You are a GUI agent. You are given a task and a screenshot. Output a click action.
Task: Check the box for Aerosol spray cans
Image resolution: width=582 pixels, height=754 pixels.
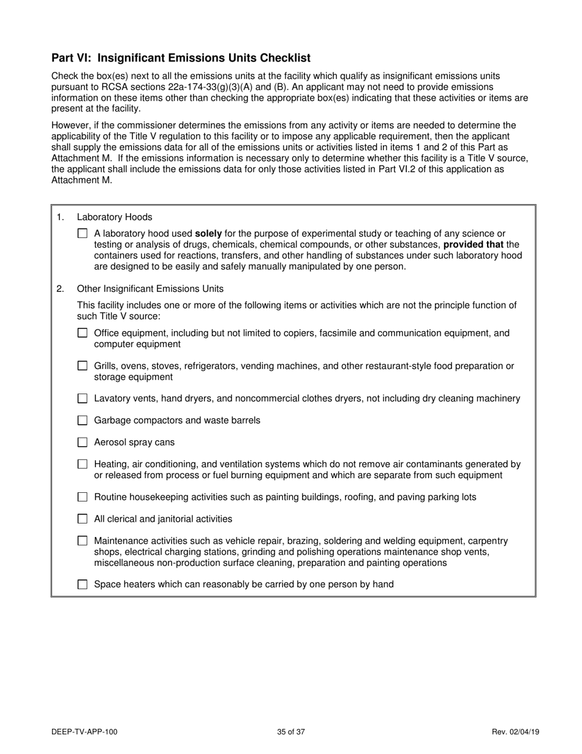tap(83, 443)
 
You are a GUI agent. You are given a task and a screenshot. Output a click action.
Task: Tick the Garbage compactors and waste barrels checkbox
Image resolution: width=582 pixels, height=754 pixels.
tap(83, 421)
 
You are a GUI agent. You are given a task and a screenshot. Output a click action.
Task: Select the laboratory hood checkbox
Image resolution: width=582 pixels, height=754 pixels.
tap(83, 234)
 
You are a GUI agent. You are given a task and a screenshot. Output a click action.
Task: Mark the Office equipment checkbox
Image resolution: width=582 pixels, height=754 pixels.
tap(83, 333)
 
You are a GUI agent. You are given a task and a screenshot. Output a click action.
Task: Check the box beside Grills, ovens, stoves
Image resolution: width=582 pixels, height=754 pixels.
tap(83, 366)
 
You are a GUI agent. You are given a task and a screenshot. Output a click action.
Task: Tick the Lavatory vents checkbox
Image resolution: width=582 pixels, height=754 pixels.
tap(83, 398)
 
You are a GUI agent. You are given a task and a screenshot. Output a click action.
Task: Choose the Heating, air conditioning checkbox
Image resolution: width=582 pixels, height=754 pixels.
tap(83, 465)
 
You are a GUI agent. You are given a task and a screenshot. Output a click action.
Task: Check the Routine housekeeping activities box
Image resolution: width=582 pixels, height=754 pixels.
tap(83, 497)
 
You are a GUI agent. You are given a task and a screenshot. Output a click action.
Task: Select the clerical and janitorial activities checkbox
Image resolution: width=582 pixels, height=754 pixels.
tap(83, 519)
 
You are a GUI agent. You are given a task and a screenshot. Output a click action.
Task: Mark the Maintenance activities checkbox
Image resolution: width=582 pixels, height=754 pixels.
tap(83, 541)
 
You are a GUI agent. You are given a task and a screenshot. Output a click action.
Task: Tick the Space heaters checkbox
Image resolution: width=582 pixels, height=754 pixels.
tap(83, 585)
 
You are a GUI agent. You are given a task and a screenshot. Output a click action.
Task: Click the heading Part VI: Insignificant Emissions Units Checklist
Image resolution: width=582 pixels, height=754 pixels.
tap(181, 58)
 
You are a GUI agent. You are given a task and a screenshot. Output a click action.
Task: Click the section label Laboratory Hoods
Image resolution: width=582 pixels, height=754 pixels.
tap(115, 217)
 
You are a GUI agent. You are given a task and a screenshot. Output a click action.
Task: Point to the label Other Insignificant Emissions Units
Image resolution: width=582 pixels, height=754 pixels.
tap(150, 289)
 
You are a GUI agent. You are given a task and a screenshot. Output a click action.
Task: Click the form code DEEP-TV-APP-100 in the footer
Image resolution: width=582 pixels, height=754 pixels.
tap(85, 731)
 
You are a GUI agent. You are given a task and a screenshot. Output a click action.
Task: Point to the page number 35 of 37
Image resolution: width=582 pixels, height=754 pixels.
tap(291, 731)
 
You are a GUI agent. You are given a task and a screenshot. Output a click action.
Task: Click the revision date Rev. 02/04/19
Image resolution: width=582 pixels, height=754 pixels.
tap(515, 731)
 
